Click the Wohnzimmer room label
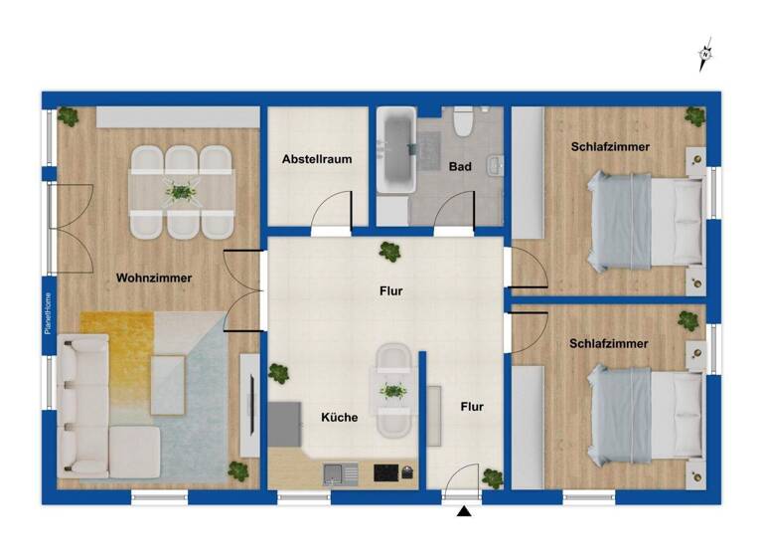click(153, 278)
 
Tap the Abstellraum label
click(317, 158)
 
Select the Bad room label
click(460, 166)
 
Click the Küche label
click(339, 418)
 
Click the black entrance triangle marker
click(463, 512)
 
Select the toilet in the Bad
click(462, 124)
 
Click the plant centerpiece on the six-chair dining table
click(180, 192)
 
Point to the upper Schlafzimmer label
click(610, 146)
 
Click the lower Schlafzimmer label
click(609, 343)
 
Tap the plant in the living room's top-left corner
click(68, 115)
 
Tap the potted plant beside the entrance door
click(490, 478)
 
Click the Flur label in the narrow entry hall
click(472, 406)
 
